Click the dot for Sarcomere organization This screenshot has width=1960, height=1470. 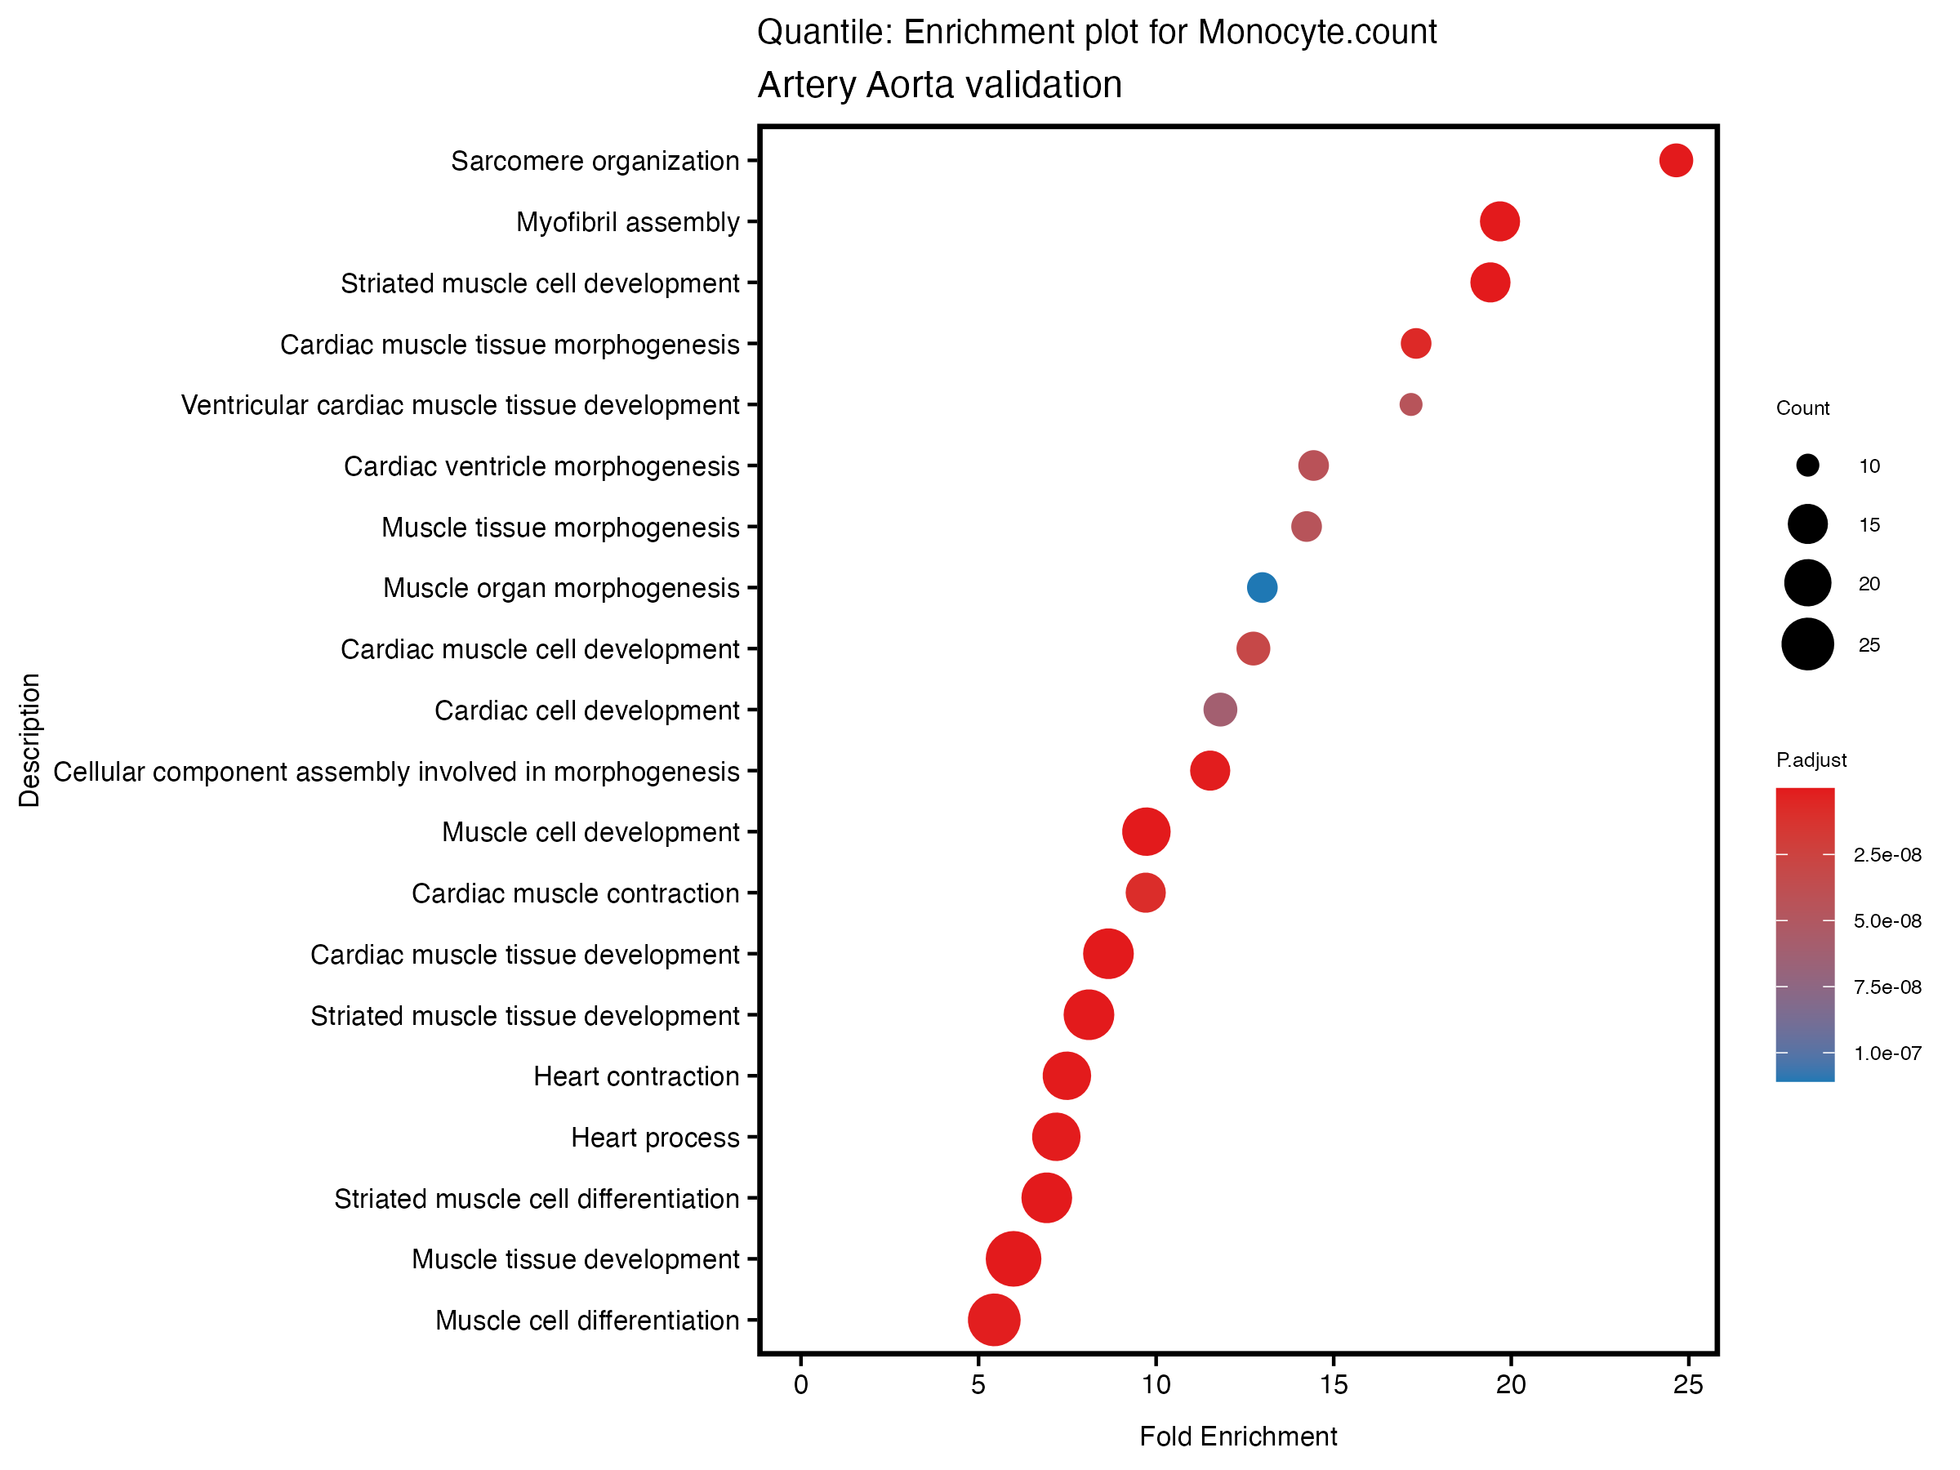[x=1675, y=160]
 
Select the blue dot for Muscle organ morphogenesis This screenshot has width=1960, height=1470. [x=1261, y=587]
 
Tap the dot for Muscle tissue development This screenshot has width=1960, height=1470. [x=1012, y=1258]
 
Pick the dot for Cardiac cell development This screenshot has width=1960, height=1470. [x=1219, y=710]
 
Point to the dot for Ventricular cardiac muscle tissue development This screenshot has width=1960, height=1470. [x=1410, y=404]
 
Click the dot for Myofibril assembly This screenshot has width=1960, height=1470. [x=1499, y=220]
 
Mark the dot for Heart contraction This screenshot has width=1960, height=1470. [x=1066, y=1076]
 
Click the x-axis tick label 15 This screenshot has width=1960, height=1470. [x=1333, y=1385]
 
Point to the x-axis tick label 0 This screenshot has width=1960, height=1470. [x=800, y=1385]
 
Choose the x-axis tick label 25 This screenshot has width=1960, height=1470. [x=1687, y=1385]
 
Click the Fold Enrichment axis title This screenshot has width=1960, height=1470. [x=1237, y=1437]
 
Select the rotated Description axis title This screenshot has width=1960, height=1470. [x=29, y=740]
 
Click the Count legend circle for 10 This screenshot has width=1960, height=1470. [x=1806, y=465]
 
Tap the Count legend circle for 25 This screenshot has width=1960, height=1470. [x=1806, y=644]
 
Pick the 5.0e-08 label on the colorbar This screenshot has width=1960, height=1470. [x=1886, y=920]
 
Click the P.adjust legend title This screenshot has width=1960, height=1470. [x=1811, y=759]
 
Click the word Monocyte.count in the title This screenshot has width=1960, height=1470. [x=1316, y=32]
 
